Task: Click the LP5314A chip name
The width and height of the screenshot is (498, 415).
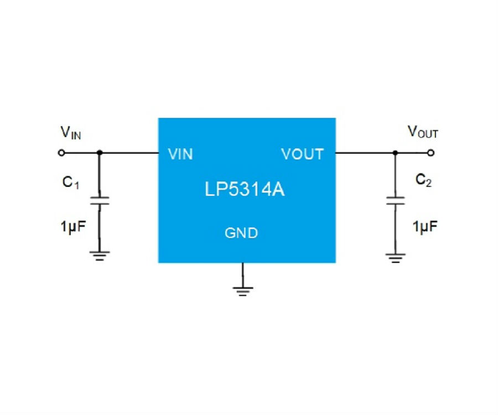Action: click(x=245, y=189)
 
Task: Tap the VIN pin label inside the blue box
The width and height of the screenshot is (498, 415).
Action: click(x=180, y=154)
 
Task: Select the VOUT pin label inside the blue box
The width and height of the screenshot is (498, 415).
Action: click(x=302, y=154)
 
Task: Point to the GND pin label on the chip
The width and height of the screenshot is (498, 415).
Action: click(x=241, y=233)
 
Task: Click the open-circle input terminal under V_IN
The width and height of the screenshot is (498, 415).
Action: click(x=61, y=153)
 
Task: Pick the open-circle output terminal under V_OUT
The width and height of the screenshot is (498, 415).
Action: click(x=430, y=153)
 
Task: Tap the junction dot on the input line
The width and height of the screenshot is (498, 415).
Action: click(x=100, y=153)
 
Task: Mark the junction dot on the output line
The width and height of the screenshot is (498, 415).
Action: click(x=395, y=153)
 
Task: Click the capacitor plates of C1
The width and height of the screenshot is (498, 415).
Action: click(x=100, y=201)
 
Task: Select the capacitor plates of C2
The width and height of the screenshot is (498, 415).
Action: click(x=396, y=201)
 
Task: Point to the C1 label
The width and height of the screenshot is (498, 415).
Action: click(x=70, y=183)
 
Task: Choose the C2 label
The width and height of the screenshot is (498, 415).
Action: click(x=423, y=180)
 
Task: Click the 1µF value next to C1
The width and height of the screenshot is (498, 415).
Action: click(x=73, y=227)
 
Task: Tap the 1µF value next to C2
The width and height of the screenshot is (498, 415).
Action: click(x=425, y=227)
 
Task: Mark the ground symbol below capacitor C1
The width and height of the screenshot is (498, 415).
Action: click(x=100, y=256)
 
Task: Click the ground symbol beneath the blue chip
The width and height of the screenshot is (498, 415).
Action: click(x=243, y=291)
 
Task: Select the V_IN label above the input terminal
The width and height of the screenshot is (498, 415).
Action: click(x=70, y=132)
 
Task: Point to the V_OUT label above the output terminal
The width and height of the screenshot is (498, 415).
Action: click(x=423, y=132)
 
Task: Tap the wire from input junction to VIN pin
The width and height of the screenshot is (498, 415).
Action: click(x=129, y=153)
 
